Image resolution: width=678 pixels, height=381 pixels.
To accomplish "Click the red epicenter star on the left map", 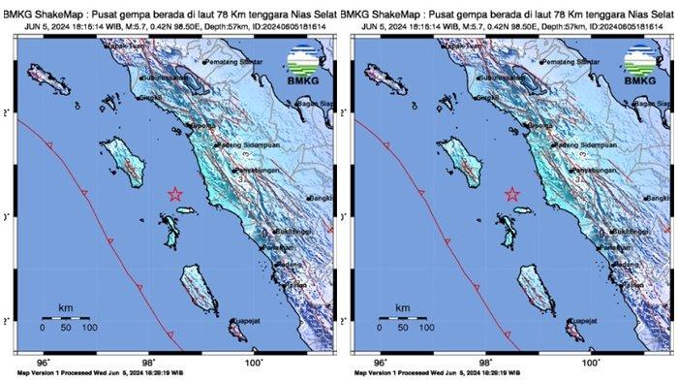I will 175,194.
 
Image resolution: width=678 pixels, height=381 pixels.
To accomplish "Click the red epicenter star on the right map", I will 513,194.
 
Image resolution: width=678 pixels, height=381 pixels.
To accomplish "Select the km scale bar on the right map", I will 404,317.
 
